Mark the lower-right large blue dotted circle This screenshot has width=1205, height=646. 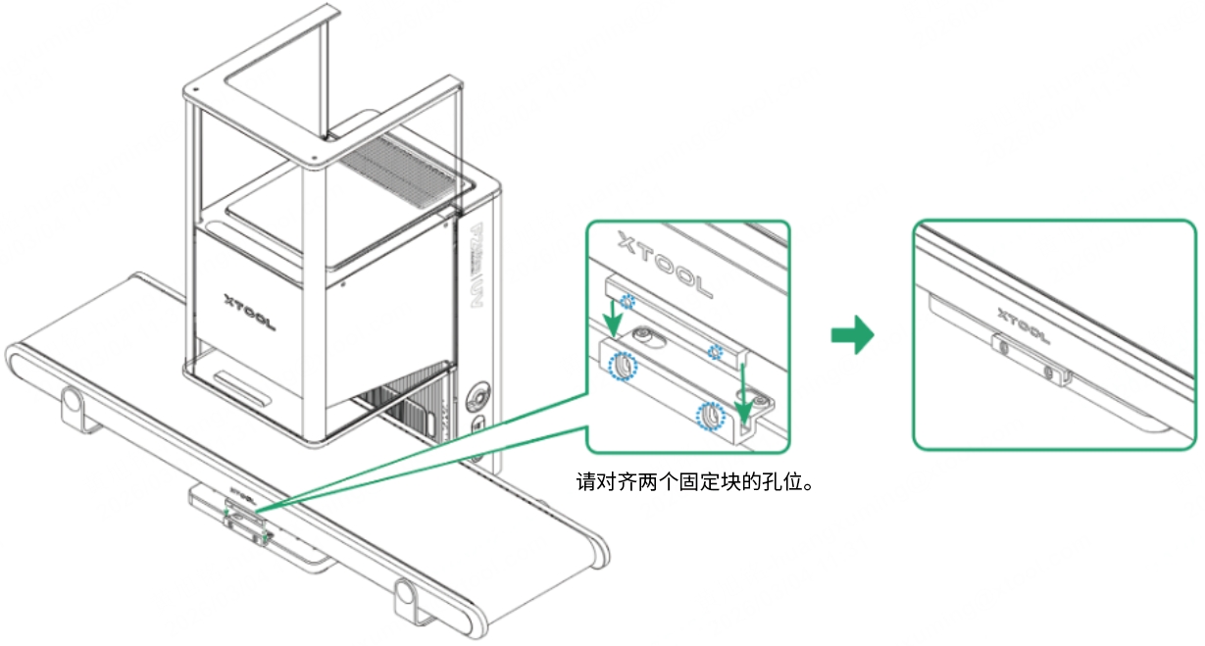[x=709, y=416]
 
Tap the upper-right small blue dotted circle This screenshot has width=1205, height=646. [x=720, y=352]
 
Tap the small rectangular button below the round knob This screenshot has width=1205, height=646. [x=477, y=427]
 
